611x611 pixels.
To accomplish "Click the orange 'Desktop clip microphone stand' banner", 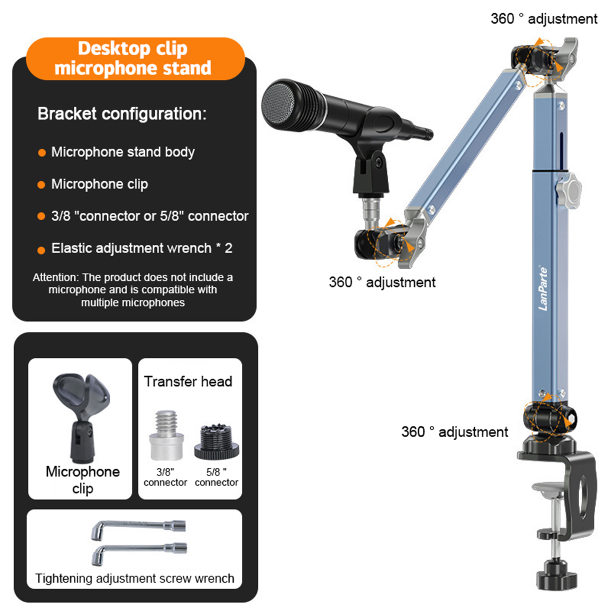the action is coord(135,58).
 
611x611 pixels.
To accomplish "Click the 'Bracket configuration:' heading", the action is coord(122,114).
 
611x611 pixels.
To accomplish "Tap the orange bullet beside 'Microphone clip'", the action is coord(42,185).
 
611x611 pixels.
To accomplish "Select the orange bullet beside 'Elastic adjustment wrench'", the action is coord(42,250).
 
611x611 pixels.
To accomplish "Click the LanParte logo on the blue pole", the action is coord(543,288).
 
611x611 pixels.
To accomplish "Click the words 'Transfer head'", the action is coord(188,381).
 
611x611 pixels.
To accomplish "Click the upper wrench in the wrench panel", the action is coord(138,529).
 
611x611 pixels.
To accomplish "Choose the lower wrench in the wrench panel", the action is coord(139,553).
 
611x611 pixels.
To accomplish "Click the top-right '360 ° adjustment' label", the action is coord(544,19).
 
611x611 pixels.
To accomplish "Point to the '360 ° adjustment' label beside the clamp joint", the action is coord(454,432).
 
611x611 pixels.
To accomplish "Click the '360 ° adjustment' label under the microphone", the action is coord(382,282).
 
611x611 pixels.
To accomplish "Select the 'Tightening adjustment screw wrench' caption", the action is coord(134,578).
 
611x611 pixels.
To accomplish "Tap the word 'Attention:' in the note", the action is coord(56,277).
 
